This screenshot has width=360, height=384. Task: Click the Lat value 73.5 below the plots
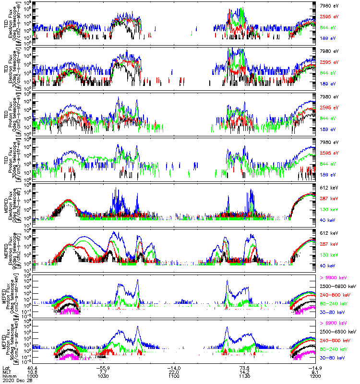pos(245,367)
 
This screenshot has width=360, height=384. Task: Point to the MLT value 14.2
pos(245,372)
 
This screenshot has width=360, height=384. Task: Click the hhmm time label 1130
pos(245,376)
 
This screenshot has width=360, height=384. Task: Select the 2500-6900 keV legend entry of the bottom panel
pos(339,332)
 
